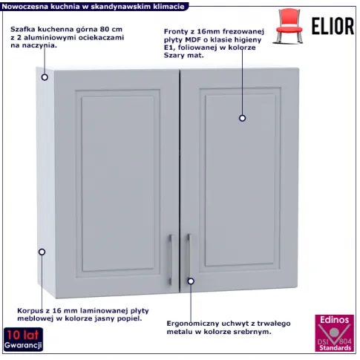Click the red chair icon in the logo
click(x=289, y=26)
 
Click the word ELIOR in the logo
click(x=333, y=26)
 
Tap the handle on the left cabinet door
click(x=170, y=260)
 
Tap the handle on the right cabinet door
click(x=189, y=258)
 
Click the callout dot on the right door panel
click(x=242, y=118)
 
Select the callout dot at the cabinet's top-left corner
click(x=45, y=77)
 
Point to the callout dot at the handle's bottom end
click(x=191, y=281)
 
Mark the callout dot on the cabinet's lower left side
click(x=42, y=252)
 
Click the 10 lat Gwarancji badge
click(x=23, y=339)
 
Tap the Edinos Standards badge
click(x=334, y=333)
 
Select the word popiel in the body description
click(x=130, y=318)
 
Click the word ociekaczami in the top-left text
click(x=101, y=38)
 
